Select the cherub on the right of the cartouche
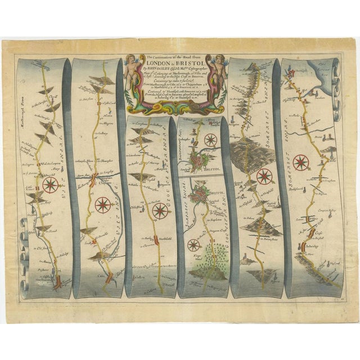tap(218, 70)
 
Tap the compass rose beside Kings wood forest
tap(193, 244)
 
